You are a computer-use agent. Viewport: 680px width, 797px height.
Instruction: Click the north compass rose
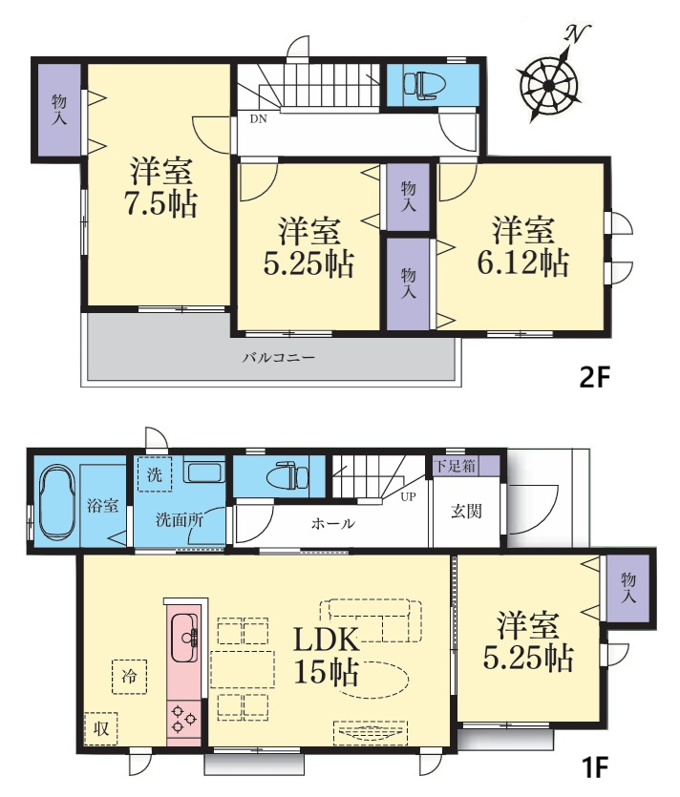click(x=548, y=85)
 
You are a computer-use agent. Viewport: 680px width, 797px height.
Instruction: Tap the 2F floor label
click(x=594, y=377)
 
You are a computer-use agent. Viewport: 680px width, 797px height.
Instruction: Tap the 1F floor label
click(x=594, y=766)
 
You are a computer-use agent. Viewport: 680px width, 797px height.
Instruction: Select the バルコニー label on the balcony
click(x=278, y=357)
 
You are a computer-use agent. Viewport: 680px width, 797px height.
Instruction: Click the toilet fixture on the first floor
click(x=287, y=475)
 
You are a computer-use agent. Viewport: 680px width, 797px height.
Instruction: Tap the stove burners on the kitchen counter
click(x=183, y=718)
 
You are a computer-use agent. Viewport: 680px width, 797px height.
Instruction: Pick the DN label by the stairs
click(x=258, y=119)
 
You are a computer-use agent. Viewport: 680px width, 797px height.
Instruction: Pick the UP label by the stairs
click(x=408, y=497)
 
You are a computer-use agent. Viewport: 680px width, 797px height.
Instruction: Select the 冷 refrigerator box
click(x=129, y=677)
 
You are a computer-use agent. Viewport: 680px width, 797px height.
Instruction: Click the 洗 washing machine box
click(x=155, y=473)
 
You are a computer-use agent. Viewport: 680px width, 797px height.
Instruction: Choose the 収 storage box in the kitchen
click(x=101, y=728)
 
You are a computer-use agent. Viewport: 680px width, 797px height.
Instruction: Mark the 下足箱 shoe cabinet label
click(x=456, y=466)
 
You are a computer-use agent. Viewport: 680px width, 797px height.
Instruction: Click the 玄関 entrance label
click(x=466, y=511)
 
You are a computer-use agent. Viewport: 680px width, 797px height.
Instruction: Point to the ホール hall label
click(x=333, y=523)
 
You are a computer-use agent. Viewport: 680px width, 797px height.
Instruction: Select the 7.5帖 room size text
click(x=160, y=204)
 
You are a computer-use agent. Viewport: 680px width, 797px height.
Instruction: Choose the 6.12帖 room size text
click(x=522, y=262)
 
